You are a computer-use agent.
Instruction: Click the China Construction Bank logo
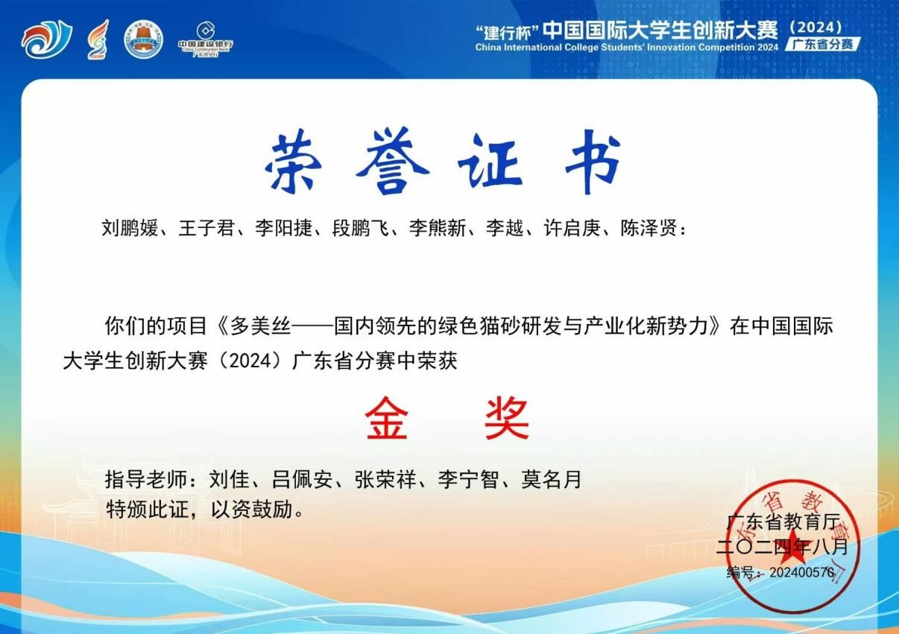pos(206,39)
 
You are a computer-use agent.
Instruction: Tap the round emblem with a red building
pos(144,39)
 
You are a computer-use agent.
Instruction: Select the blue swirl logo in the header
pos(47,39)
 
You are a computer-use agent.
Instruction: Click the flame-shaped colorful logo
pos(98,39)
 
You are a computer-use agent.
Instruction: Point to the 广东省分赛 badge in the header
pos(823,44)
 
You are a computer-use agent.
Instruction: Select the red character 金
pos(386,418)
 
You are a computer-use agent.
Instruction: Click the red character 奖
pos(506,418)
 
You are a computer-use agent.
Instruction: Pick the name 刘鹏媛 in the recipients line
pos(130,229)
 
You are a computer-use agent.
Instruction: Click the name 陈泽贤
pos(649,229)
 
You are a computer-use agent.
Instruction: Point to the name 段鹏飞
pos(360,229)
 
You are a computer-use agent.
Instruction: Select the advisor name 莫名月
pos(551,479)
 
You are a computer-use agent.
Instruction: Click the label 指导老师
pos(145,479)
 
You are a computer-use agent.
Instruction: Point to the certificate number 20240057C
pos(802,572)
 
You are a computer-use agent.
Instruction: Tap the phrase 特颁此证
pos(146,510)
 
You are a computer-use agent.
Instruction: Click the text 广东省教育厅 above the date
pos(783,522)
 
